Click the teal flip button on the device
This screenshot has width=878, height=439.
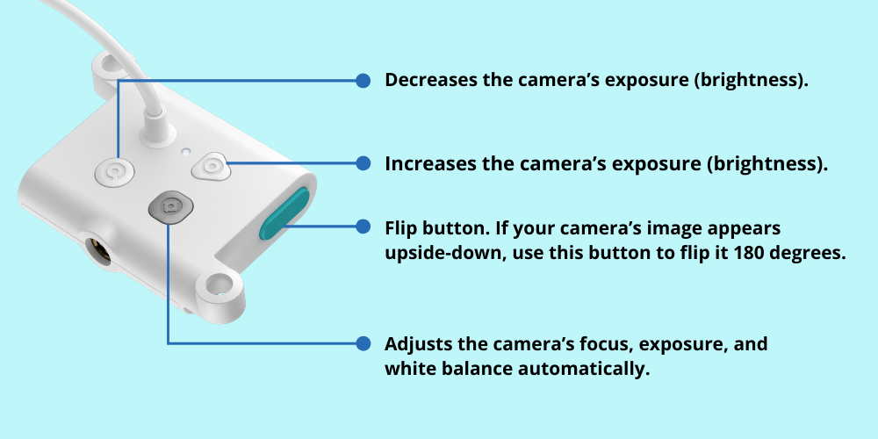(x=284, y=213)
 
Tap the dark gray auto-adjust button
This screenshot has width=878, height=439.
(x=170, y=207)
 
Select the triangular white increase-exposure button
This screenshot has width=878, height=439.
(x=211, y=166)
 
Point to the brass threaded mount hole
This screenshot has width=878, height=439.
(x=97, y=250)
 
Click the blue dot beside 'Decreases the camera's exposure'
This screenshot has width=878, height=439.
(x=363, y=81)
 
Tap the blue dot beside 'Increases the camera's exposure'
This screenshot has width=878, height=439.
(x=363, y=163)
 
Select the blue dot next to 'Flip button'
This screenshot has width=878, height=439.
(x=363, y=227)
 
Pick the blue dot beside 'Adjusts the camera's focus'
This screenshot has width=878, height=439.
(x=363, y=343)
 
